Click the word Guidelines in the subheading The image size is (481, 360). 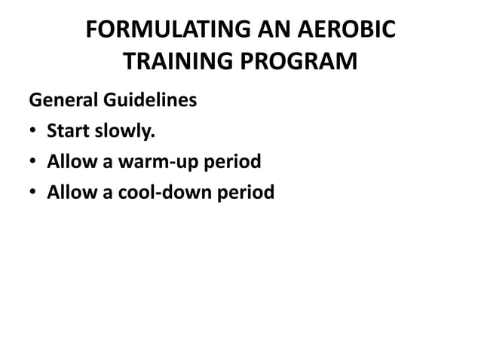(149, 100)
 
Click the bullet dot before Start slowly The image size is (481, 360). (33, 133)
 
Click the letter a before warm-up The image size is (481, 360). (102, 164)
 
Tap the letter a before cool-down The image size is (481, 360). (102, 195)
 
